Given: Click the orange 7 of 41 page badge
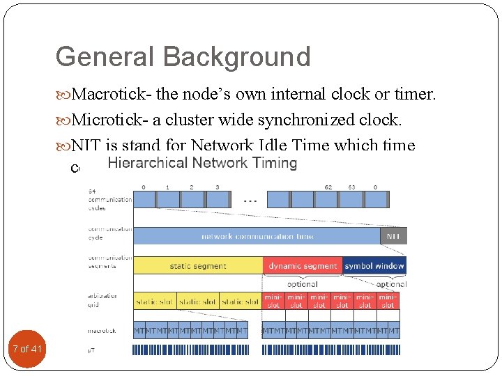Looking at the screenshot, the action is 27,349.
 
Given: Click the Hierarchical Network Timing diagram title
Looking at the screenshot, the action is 202,164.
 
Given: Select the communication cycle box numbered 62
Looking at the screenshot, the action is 328,199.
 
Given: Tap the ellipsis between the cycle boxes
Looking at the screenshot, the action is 250,200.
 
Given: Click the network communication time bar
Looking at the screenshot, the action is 257,236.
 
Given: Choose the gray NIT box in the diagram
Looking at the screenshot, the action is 394,236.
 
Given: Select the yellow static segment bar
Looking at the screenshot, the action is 198,265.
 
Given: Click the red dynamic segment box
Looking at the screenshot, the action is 303,265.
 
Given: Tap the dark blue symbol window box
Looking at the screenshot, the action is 374,265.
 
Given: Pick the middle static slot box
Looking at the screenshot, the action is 198,301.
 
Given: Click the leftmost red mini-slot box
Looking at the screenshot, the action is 273,301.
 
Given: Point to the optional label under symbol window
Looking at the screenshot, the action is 391,284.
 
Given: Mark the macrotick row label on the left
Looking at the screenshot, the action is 102,331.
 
